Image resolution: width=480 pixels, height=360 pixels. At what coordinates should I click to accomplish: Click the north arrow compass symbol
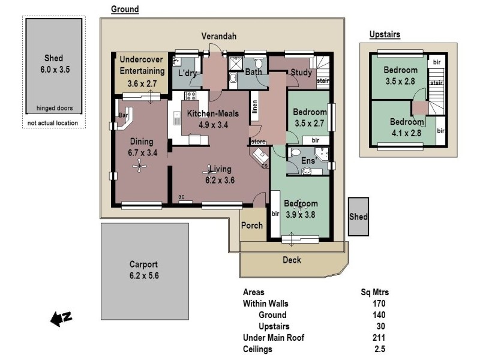tap(61, 319)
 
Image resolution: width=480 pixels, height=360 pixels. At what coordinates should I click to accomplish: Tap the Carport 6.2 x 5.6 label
tap(143, 270)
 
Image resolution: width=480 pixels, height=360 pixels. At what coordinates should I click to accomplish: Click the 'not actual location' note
tap(53, 124)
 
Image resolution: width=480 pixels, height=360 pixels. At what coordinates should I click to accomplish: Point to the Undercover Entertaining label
tap(142, 65)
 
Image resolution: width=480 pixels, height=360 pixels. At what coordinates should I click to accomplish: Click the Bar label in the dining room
tap(124, 115)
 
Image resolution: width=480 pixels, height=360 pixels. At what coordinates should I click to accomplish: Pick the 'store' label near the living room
tap(257, 142)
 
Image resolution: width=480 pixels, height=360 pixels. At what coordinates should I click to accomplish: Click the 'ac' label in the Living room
tap(181, 196)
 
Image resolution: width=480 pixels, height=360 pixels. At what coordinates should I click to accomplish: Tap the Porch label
tap(251, 226)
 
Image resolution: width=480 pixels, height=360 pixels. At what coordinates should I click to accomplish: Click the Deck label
tap(292, 260)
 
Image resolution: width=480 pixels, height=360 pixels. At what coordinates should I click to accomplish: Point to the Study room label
tap(300, 73)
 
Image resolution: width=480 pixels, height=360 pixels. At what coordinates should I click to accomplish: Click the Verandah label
tap(218, 37)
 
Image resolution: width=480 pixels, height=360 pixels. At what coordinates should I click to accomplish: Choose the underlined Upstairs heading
tap(385, 34)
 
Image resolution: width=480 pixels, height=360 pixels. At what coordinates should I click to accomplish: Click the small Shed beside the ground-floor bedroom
tap(358, 217)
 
